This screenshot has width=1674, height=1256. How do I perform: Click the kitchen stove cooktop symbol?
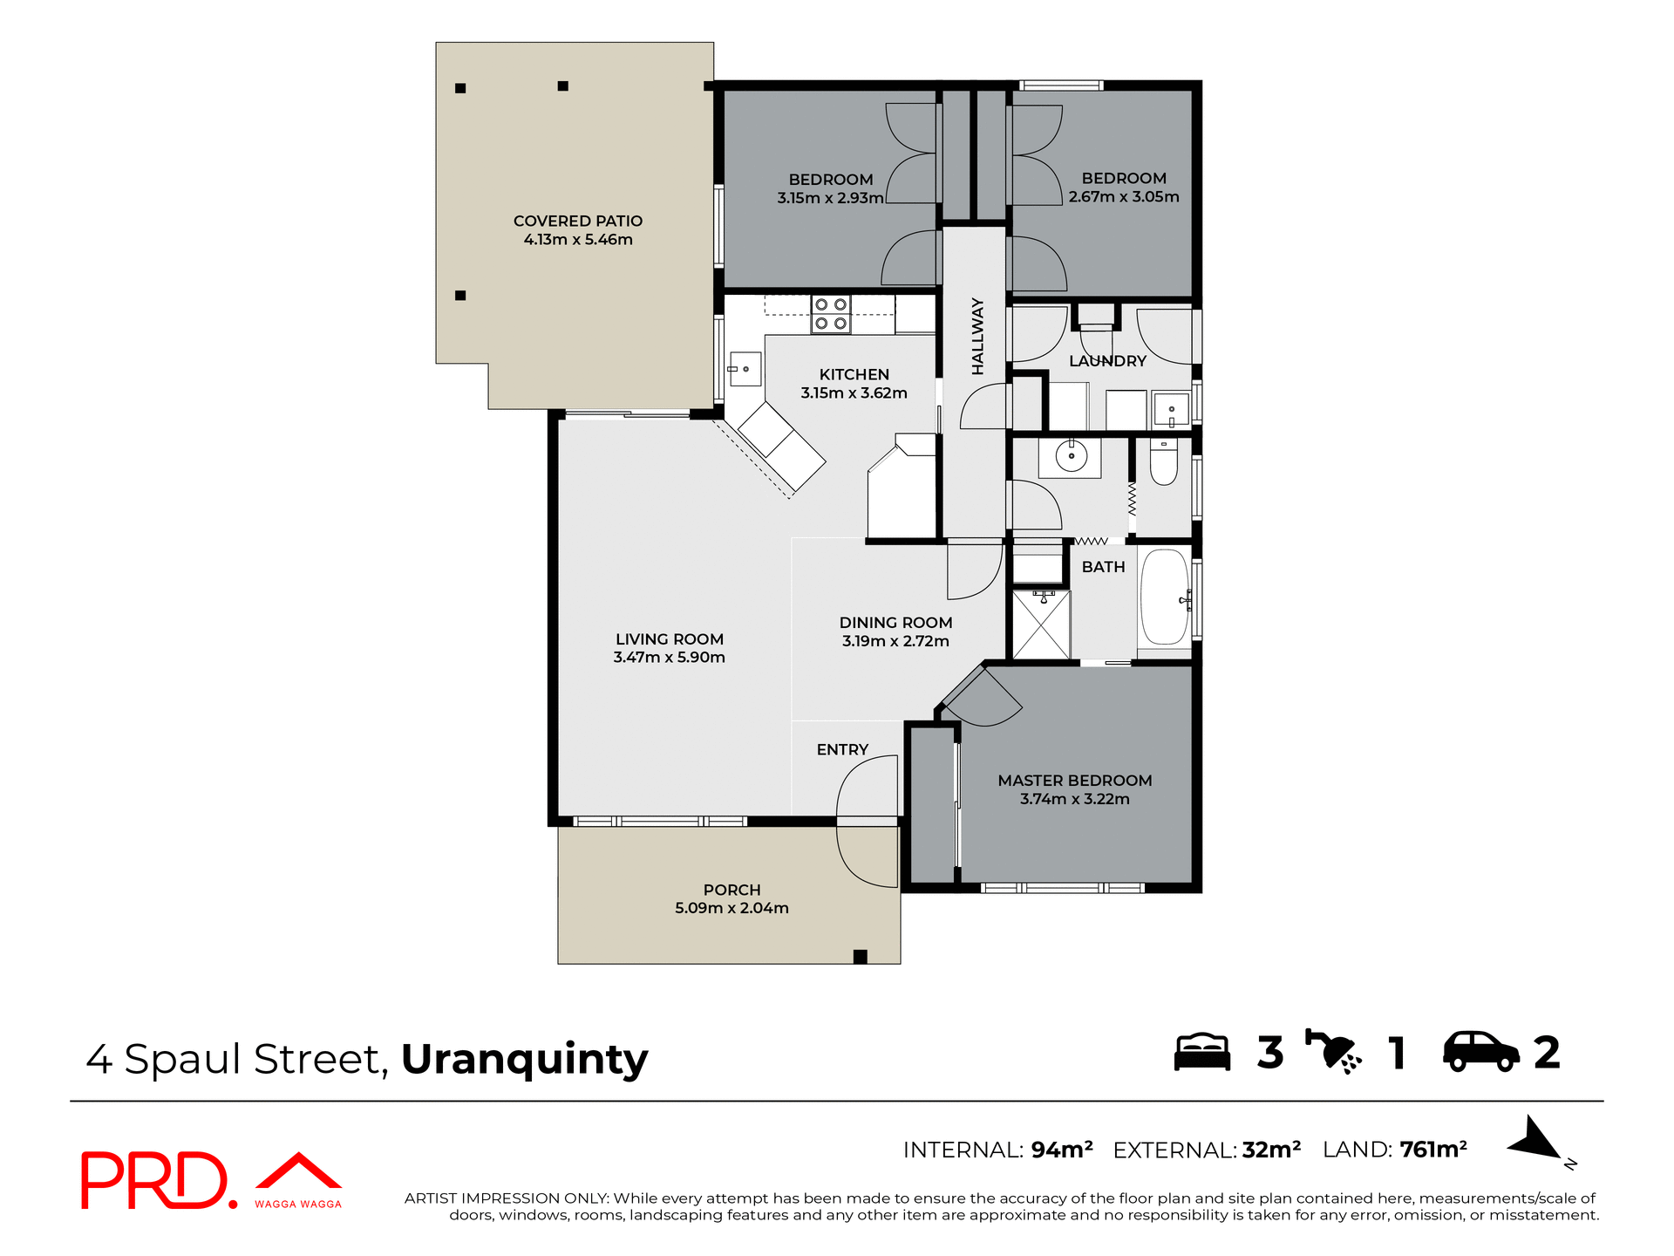click(x=831, y=314)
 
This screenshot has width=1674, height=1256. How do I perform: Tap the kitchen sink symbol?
click(x=745, y=370)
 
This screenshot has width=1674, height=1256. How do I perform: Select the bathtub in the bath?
click(x=1164, y=597)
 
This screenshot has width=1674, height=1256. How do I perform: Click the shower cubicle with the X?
click(x=1041, y=625)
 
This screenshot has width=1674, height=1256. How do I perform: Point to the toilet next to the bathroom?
click(x=1163, y=462)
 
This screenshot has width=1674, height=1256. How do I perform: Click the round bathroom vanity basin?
click(x=1071, y=455)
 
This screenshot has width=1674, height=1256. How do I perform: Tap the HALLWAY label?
click(x=977, y=337)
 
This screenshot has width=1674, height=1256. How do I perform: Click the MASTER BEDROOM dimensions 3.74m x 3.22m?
click(x=1074, y=799)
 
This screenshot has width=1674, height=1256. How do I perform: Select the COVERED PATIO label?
click(x=577, y=221)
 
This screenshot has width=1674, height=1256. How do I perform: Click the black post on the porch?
click(x=860, y=956)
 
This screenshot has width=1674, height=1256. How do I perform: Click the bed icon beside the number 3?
click(x=1201, y=1052)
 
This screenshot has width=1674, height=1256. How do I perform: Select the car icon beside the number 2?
click(x=1480, y=1052)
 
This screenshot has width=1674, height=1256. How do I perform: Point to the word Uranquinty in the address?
click(x=524, y=1060)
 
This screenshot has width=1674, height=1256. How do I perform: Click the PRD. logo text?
click(x=157, y=1180)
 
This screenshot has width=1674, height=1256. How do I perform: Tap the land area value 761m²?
click(x=1432, y=1150)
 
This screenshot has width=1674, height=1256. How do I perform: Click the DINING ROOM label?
click(x=895, y=622)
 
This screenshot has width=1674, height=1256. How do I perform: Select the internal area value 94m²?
click(x=1061, y=1150)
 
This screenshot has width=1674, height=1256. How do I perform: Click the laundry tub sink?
click(x=1171, y=409)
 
